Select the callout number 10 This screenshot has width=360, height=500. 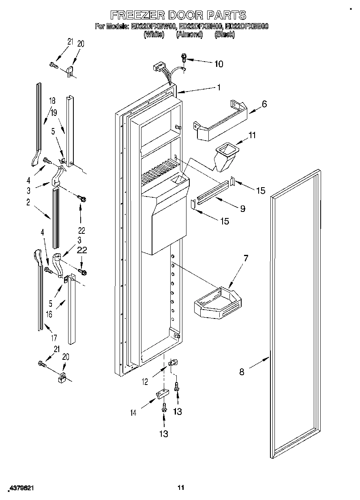tap(219, 64)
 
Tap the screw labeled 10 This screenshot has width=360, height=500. tap(184, 58)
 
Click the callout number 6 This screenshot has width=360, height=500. tap(264, 104)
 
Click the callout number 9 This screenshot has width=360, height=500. tap(242, 209)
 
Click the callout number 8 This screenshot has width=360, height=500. tap(242, 372)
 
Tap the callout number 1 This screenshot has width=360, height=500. tap(219, 87)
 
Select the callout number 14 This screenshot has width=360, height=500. tap(133, 413)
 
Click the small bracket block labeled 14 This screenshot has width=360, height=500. tap(162, 394)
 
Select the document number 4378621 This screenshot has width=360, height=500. tap(20, 489)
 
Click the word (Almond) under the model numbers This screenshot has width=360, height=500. tap(189, 35)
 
